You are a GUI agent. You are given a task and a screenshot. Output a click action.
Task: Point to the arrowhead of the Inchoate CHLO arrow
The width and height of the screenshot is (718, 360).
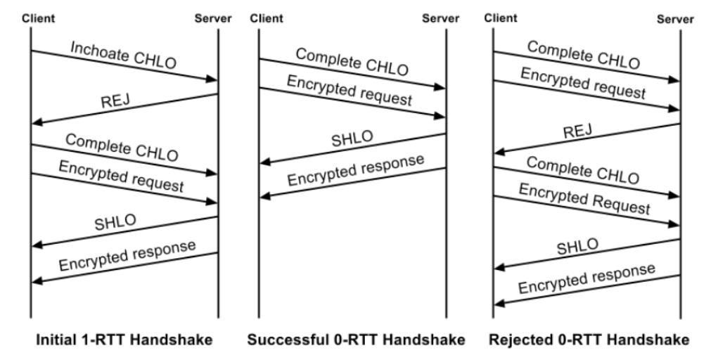tap(214, 80)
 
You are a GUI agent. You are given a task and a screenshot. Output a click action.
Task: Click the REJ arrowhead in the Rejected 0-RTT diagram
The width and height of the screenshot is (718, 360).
tap(497, 152)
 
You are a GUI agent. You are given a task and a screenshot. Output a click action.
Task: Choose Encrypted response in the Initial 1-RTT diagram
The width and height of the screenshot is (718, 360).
tap(127, 256)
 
